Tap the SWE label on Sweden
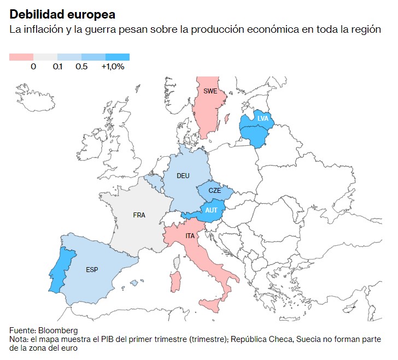pos(210,91)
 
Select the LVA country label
pos(262,118)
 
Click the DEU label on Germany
pos(183,176)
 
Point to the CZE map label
pos(215,191)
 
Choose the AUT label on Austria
pos(211,210)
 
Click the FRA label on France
pos(139,215)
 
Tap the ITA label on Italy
pos(190,236)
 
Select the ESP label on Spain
pos(92,270)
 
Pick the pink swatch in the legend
pos(21,57)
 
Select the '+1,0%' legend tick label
pos(113,67)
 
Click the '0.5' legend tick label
pos(81,67)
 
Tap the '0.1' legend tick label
pos(57,67)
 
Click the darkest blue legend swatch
pos(117,57)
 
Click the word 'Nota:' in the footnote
pos(19,339)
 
